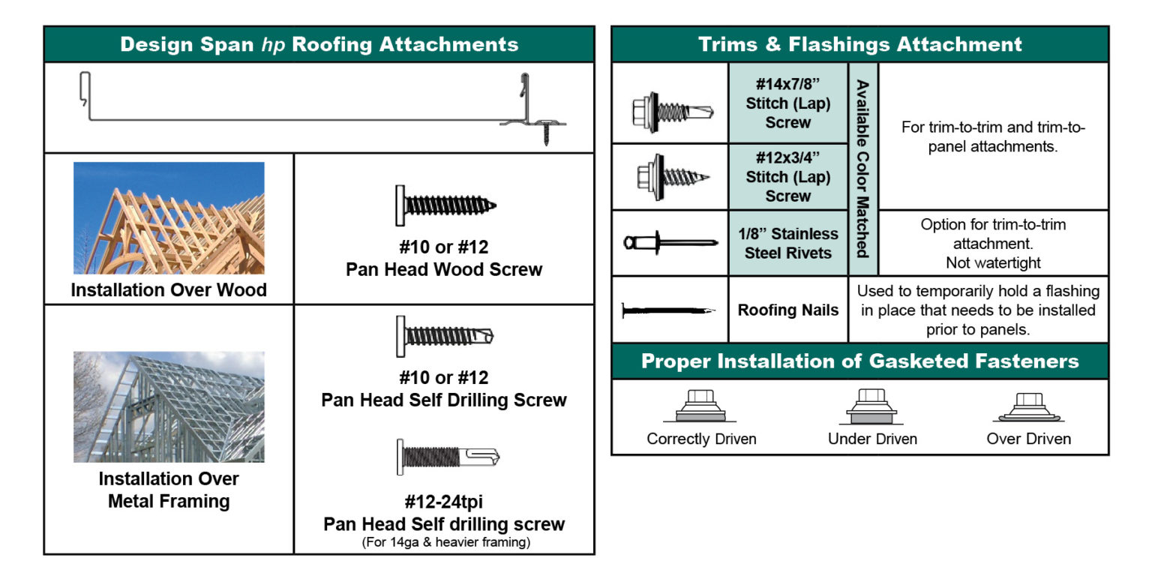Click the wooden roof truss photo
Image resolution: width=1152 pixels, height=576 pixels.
pos(169,217)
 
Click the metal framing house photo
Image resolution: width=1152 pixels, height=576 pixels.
pos(169,406)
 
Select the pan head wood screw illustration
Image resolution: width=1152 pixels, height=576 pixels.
pos(445,205)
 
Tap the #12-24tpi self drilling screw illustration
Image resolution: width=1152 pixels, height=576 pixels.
pos(447,456)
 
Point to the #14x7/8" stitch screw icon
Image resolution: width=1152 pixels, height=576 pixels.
pos(670,110)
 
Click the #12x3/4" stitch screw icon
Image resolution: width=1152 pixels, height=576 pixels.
pos(670,176)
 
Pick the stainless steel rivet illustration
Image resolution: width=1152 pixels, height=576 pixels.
pos(669,242)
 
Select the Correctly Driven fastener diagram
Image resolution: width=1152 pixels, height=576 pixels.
pos(701,407)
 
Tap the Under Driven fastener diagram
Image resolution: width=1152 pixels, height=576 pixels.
pos(872,407)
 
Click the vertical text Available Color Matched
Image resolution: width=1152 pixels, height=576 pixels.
pos(862,168)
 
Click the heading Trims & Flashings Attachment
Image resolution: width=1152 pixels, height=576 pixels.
pos(859,44)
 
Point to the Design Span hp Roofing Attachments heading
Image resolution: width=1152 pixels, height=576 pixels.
pos(319,44)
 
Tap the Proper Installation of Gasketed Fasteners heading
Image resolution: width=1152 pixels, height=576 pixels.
pos(859,361)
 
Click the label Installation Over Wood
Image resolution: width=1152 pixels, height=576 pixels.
pos(169,290)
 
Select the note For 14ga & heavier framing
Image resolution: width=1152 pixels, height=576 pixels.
pos(444,542)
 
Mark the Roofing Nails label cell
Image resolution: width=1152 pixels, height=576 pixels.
pos(787,310)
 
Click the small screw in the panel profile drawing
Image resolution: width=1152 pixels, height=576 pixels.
pos(546,135)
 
